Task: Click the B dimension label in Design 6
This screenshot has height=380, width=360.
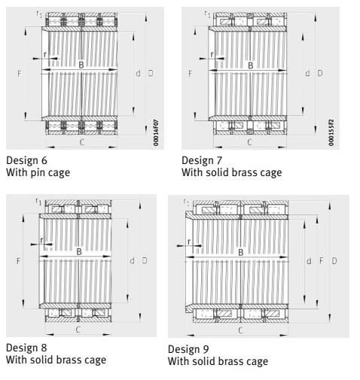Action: coord(81,65)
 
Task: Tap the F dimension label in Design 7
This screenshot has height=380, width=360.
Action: coord(190,74)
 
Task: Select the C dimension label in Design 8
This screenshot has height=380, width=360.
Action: coord(78,330)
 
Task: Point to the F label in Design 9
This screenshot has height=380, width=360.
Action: coord(322,261)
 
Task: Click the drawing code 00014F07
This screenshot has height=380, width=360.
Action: coord(156,132)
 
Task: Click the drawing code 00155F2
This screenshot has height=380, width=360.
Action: coord(331,132)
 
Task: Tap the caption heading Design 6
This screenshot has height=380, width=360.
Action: coord(26,160)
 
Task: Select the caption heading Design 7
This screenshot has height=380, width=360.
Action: coord(202,160)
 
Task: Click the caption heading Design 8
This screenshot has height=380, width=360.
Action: coord(26,348)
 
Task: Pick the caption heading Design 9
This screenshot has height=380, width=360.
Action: coord(188,349)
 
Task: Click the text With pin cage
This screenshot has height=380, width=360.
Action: coord(38,173)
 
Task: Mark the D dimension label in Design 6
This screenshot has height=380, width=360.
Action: coord(151,73)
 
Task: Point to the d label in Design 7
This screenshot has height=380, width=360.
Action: coord(307,73)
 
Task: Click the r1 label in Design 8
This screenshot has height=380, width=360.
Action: coord(38,201)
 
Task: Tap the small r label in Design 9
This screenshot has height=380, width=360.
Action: coord(189,242)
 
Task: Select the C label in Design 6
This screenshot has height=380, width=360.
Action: coord(82,142)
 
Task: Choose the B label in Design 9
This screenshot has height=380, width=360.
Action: coord(241,252)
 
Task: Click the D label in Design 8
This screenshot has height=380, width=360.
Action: coord(145,260)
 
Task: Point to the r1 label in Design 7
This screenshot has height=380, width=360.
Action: coord(207,14)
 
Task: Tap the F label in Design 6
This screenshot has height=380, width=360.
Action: coord(19,74)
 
